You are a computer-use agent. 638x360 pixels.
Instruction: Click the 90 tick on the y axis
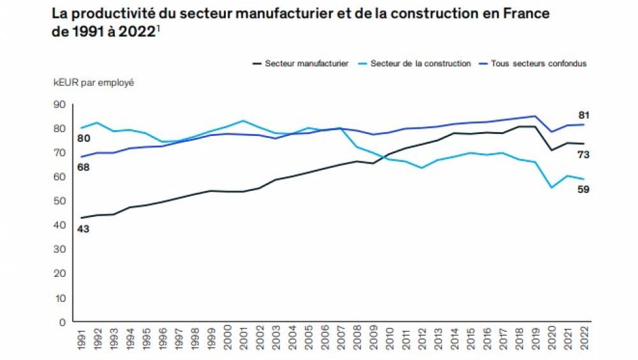(60, 104)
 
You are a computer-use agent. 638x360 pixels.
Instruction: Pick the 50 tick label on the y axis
(60, 201)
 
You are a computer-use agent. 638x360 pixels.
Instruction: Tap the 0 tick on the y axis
(63, 322)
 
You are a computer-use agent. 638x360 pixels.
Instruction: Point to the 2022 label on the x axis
(584, 339)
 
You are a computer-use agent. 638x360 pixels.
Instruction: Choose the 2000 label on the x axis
(227, 339)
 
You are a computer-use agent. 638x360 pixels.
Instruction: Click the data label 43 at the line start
(83, 229)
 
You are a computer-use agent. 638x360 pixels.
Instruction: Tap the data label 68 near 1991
(83, 167)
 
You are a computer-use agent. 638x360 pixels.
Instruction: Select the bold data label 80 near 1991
(83, 139)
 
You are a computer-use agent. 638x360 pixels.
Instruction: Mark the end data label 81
(582, 116)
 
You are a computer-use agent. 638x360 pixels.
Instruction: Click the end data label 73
(582, 154)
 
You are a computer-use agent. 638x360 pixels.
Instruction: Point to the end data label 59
(582, 190)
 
